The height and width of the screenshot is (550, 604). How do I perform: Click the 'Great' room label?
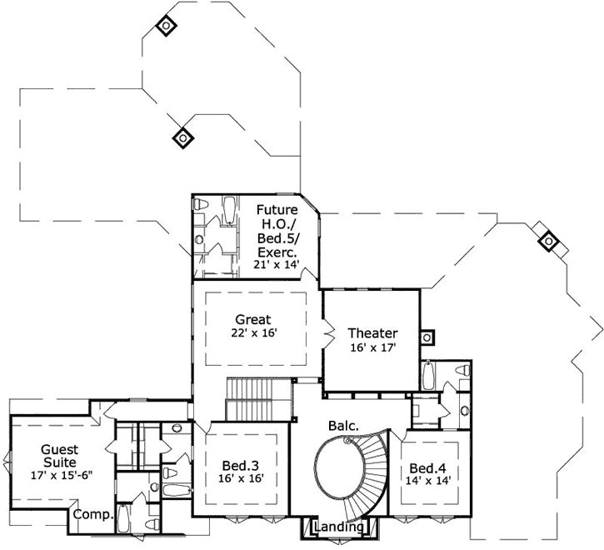coord(253,319)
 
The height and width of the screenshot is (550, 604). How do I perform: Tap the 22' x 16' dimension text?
coord(253,333)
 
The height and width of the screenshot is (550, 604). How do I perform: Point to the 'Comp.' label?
coord(92,515)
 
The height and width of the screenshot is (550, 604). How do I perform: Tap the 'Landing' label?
coord(339,527)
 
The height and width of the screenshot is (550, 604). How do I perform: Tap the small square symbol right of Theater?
coord(427,337)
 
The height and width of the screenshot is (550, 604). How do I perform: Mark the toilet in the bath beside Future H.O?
coord(201,204)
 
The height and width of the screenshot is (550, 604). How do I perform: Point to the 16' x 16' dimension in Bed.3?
coord(241,480)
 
